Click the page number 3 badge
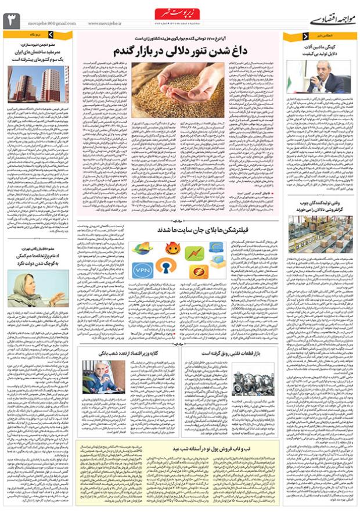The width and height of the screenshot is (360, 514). pos(12,20)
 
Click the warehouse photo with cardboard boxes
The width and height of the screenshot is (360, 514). pos(321,234)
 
